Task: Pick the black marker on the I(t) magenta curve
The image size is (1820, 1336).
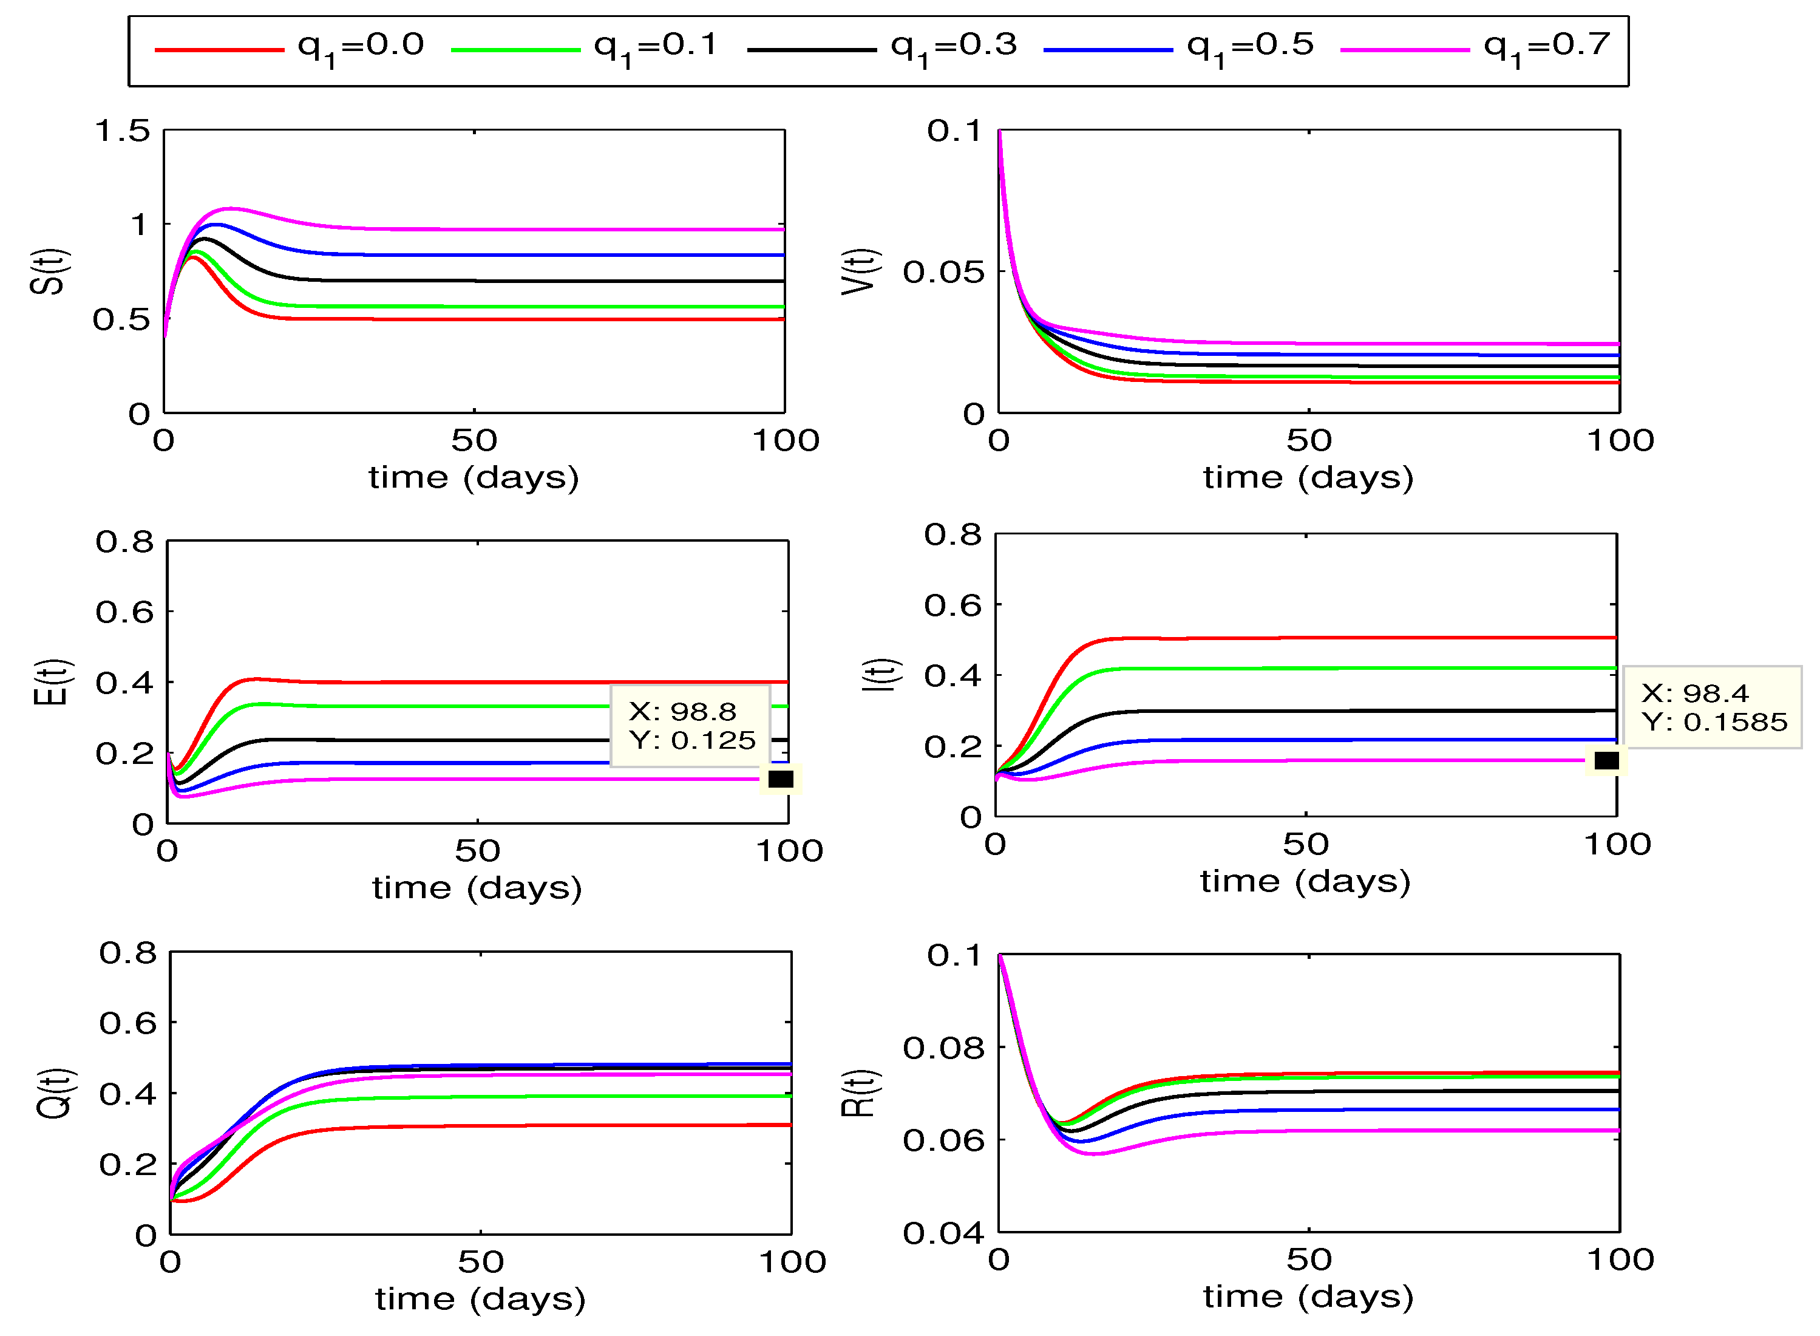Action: coord(1606,761)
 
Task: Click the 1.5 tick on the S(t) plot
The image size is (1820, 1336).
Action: coord(123,131)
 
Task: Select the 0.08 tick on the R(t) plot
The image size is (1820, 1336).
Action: coord(943,1049)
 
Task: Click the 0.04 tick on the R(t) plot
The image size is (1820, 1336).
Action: coord(943,1234)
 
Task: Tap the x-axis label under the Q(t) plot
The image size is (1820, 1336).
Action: coord(480,1300)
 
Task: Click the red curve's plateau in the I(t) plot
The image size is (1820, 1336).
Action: coord(1374,638)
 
